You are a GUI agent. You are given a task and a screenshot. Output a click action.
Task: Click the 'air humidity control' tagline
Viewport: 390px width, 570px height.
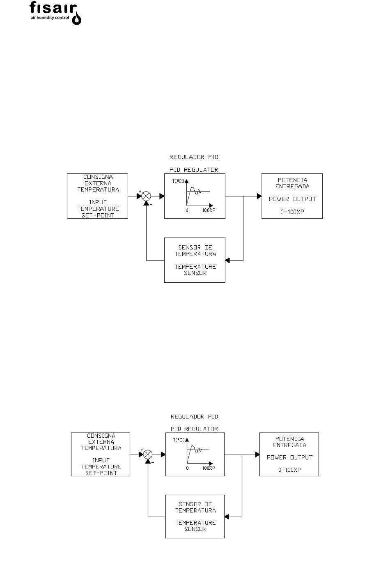click(x=50, y=18)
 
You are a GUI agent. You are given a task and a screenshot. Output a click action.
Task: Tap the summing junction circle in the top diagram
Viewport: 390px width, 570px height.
click(x=146, y=196)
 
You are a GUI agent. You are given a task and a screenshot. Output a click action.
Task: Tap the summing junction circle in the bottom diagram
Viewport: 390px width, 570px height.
click(x=148, y=454)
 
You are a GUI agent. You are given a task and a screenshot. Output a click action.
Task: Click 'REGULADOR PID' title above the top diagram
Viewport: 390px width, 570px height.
click(x=194, y=157)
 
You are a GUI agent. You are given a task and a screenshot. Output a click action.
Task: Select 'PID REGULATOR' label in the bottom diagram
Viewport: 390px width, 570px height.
click(x=194, y=429)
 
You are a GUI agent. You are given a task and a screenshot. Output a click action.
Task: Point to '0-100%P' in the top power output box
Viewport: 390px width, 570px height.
click(x=292, y=212)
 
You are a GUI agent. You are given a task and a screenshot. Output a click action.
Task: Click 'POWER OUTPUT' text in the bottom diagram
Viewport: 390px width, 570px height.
click(x=289, y=457)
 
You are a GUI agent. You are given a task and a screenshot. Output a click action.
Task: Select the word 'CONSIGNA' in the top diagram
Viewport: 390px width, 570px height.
click(x=98, y=177)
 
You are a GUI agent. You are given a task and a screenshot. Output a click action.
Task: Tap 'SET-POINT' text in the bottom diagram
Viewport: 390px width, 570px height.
click(x=101, y=473)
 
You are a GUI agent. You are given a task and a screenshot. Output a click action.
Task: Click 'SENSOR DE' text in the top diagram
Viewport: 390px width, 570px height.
click(x=195, y=247)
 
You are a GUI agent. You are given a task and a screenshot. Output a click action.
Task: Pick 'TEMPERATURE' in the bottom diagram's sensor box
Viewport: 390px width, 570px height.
click(x=195, y=523)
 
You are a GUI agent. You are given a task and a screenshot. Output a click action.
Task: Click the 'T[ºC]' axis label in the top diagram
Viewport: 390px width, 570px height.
click(x=178, y=181)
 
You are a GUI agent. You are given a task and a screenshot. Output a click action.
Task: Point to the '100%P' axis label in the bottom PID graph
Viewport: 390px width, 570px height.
click(x=209, y=468)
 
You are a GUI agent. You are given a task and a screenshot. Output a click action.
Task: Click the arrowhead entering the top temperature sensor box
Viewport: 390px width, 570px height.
click(x=227, y=260)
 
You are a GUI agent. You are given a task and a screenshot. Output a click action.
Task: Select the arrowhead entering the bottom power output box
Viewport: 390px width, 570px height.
click(x=257, y=454)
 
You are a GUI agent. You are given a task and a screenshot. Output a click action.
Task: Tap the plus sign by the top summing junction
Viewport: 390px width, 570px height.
click(x=140, y=191)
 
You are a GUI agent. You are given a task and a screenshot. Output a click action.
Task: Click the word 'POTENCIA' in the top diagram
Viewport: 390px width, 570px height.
click(x=292, y=180)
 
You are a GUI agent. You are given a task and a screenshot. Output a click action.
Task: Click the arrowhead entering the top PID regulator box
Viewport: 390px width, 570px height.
click(x=162, y=196)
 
